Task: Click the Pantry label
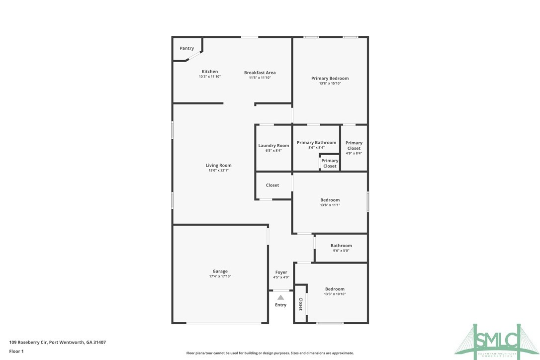point(187,48)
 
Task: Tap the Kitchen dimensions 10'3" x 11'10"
point(209,77)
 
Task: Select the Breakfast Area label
point(260,73)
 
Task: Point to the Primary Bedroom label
point(330,79)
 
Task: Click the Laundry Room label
point(273,146)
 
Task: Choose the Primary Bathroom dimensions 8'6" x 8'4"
point(316,148)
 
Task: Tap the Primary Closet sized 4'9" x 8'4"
point(354,145)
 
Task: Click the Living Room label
point(219,166)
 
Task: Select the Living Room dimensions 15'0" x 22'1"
point(219,171)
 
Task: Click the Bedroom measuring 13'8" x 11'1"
point(330,200)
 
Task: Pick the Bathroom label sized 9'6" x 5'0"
point(341,246)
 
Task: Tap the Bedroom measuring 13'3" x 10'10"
point(335,289)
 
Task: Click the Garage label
point(220,271)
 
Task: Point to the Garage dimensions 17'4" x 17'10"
point(220,276)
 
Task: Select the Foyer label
point(281,272)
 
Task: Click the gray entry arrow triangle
point(281,297)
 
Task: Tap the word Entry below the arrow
point(281,305)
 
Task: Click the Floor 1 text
point(16,351)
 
